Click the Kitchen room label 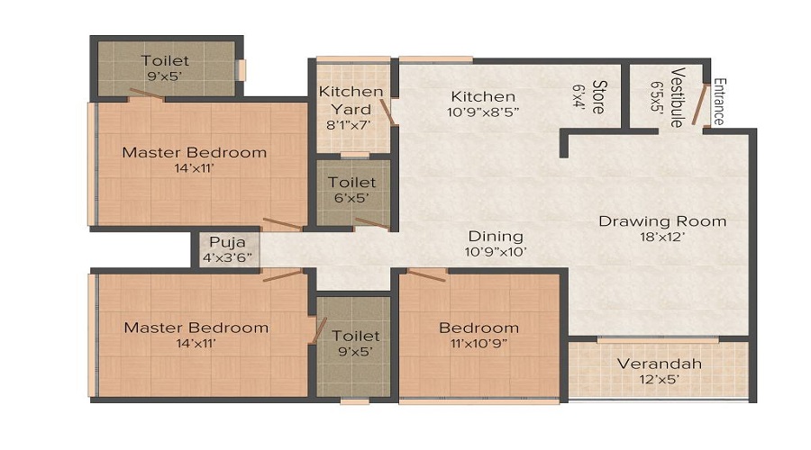pos(483,96)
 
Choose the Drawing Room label pos(662,221)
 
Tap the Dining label pos(495,237)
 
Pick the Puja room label pos(225,242)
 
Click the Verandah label pos(659,364)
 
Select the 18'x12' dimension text pos(662,238)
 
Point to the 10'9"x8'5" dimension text pos(483,112)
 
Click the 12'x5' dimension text pos(659,380)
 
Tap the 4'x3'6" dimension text pos(225,256)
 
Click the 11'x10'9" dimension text pos(478,343)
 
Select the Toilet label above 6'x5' pos(351,181)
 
